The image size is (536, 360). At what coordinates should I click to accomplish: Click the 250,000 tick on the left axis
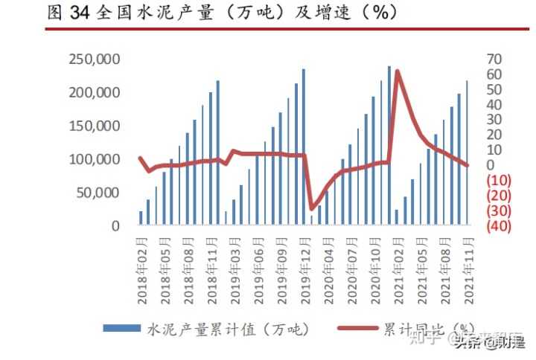[94, 60]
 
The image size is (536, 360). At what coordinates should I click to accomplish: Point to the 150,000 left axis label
[94, 126]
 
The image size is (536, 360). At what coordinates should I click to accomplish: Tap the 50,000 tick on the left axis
[98, 193]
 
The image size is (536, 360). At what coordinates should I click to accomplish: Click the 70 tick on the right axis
[494, 60]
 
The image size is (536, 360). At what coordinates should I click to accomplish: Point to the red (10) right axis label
[497, 180]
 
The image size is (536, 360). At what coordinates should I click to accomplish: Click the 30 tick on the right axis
[494, 120]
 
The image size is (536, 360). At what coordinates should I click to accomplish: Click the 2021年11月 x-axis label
[468, 271]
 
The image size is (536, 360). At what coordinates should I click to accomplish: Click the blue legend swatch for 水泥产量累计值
[121, 327]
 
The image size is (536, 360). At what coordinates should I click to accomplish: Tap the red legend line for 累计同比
[357, 327]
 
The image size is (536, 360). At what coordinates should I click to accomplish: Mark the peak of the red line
[397, 71]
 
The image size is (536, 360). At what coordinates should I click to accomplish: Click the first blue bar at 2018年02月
[141, 217]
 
